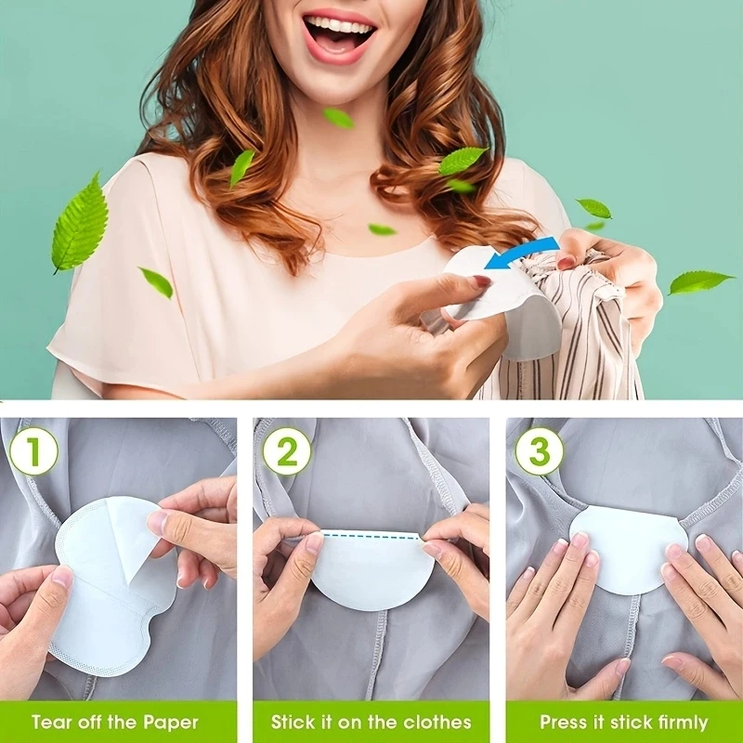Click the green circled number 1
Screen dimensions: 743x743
point(33,450)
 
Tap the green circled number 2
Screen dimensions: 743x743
point(287,450)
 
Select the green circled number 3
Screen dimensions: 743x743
point(540,450)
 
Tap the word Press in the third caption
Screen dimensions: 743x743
point(564,723)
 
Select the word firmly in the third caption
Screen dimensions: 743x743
point(683,723)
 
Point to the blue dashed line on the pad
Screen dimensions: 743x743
point(370,535)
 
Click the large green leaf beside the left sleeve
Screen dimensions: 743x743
point(80,223)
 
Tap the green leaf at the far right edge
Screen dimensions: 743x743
point(701,281)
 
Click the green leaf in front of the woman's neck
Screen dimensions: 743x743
point(338,118)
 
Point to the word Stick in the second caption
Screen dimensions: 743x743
point(294,723)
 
